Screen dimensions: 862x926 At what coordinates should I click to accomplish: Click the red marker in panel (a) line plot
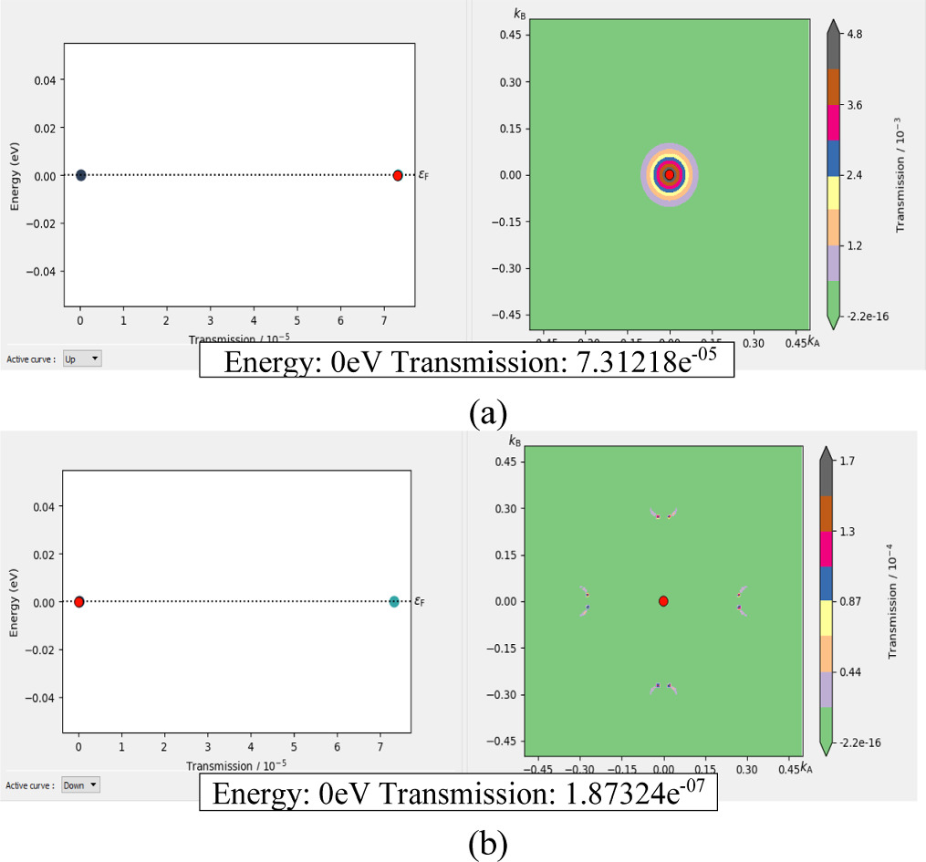click(398, 175)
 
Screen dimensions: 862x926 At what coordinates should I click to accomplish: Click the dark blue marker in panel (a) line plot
click(80, 175)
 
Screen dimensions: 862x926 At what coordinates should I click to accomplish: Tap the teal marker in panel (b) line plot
click(394, 601)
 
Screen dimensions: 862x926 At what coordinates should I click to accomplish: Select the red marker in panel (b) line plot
click(79, 601)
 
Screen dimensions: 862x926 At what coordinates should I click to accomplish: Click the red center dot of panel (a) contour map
click(670, 174)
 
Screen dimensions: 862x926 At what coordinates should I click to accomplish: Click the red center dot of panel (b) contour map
click(663, 601)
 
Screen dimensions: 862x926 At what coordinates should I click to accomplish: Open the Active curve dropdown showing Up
click(83, 359)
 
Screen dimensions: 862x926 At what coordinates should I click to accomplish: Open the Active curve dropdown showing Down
click(81, 784)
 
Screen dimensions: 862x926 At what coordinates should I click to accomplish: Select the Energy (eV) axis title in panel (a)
click(16, 174)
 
